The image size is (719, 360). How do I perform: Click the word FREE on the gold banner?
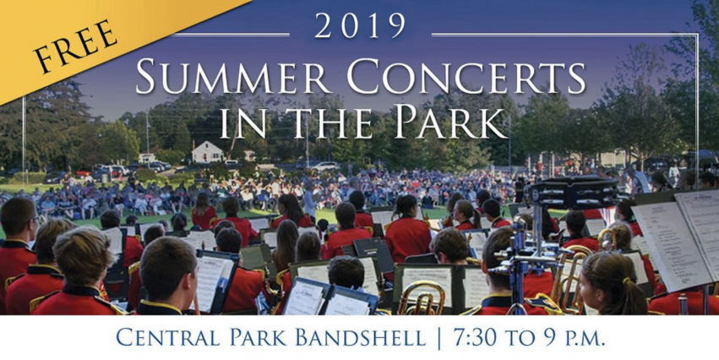pyautogui.click(x=76, y=46)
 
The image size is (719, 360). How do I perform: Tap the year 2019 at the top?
pyautogui.click(x=360, y=27)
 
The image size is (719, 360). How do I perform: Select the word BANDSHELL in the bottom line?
pyautogui.click(x=361, y=337)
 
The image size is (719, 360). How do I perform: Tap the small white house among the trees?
pyautogui.click(x=207, y=152)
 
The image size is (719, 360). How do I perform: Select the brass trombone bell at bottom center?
pyautogui.click(x=421, y=298)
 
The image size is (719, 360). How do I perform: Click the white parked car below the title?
pyautogui.click(x=324, y=166)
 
